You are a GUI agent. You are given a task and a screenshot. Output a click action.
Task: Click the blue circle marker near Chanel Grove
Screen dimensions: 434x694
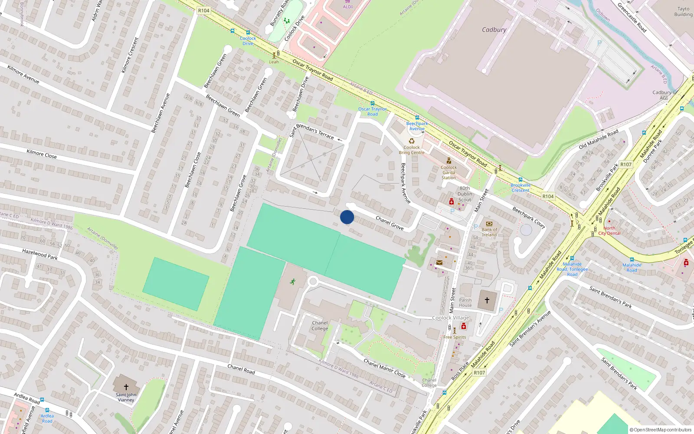347,217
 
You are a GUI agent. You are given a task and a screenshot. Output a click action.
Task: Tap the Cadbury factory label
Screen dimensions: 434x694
494,30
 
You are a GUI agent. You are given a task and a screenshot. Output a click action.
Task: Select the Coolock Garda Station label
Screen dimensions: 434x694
448,172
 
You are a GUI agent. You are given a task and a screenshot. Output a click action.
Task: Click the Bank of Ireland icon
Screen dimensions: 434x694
489,224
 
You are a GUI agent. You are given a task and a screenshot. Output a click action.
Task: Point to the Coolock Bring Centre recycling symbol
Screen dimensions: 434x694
412,141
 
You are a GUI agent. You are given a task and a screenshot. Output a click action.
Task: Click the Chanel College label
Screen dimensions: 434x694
320,325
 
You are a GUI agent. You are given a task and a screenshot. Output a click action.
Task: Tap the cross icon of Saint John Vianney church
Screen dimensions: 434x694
126,387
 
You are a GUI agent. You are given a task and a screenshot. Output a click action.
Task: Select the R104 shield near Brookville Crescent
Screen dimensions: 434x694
548,196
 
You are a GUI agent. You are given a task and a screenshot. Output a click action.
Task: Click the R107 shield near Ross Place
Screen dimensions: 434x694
479,372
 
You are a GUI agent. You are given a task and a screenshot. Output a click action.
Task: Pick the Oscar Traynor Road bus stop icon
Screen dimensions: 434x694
372,103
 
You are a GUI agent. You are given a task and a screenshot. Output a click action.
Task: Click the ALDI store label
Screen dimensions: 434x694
348,7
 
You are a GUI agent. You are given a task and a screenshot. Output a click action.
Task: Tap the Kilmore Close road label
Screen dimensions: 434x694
42,154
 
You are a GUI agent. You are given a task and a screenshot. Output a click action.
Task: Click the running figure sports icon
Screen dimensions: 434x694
293,282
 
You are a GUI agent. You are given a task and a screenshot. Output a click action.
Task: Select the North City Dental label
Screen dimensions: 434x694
609,230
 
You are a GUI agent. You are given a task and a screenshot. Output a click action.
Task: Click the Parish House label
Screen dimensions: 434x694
465,302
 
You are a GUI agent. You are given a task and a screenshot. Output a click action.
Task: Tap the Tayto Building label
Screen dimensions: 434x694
683,12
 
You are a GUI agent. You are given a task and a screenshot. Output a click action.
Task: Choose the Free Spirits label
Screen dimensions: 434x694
455,337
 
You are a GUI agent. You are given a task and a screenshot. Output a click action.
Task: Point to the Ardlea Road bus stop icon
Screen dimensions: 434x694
42,400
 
